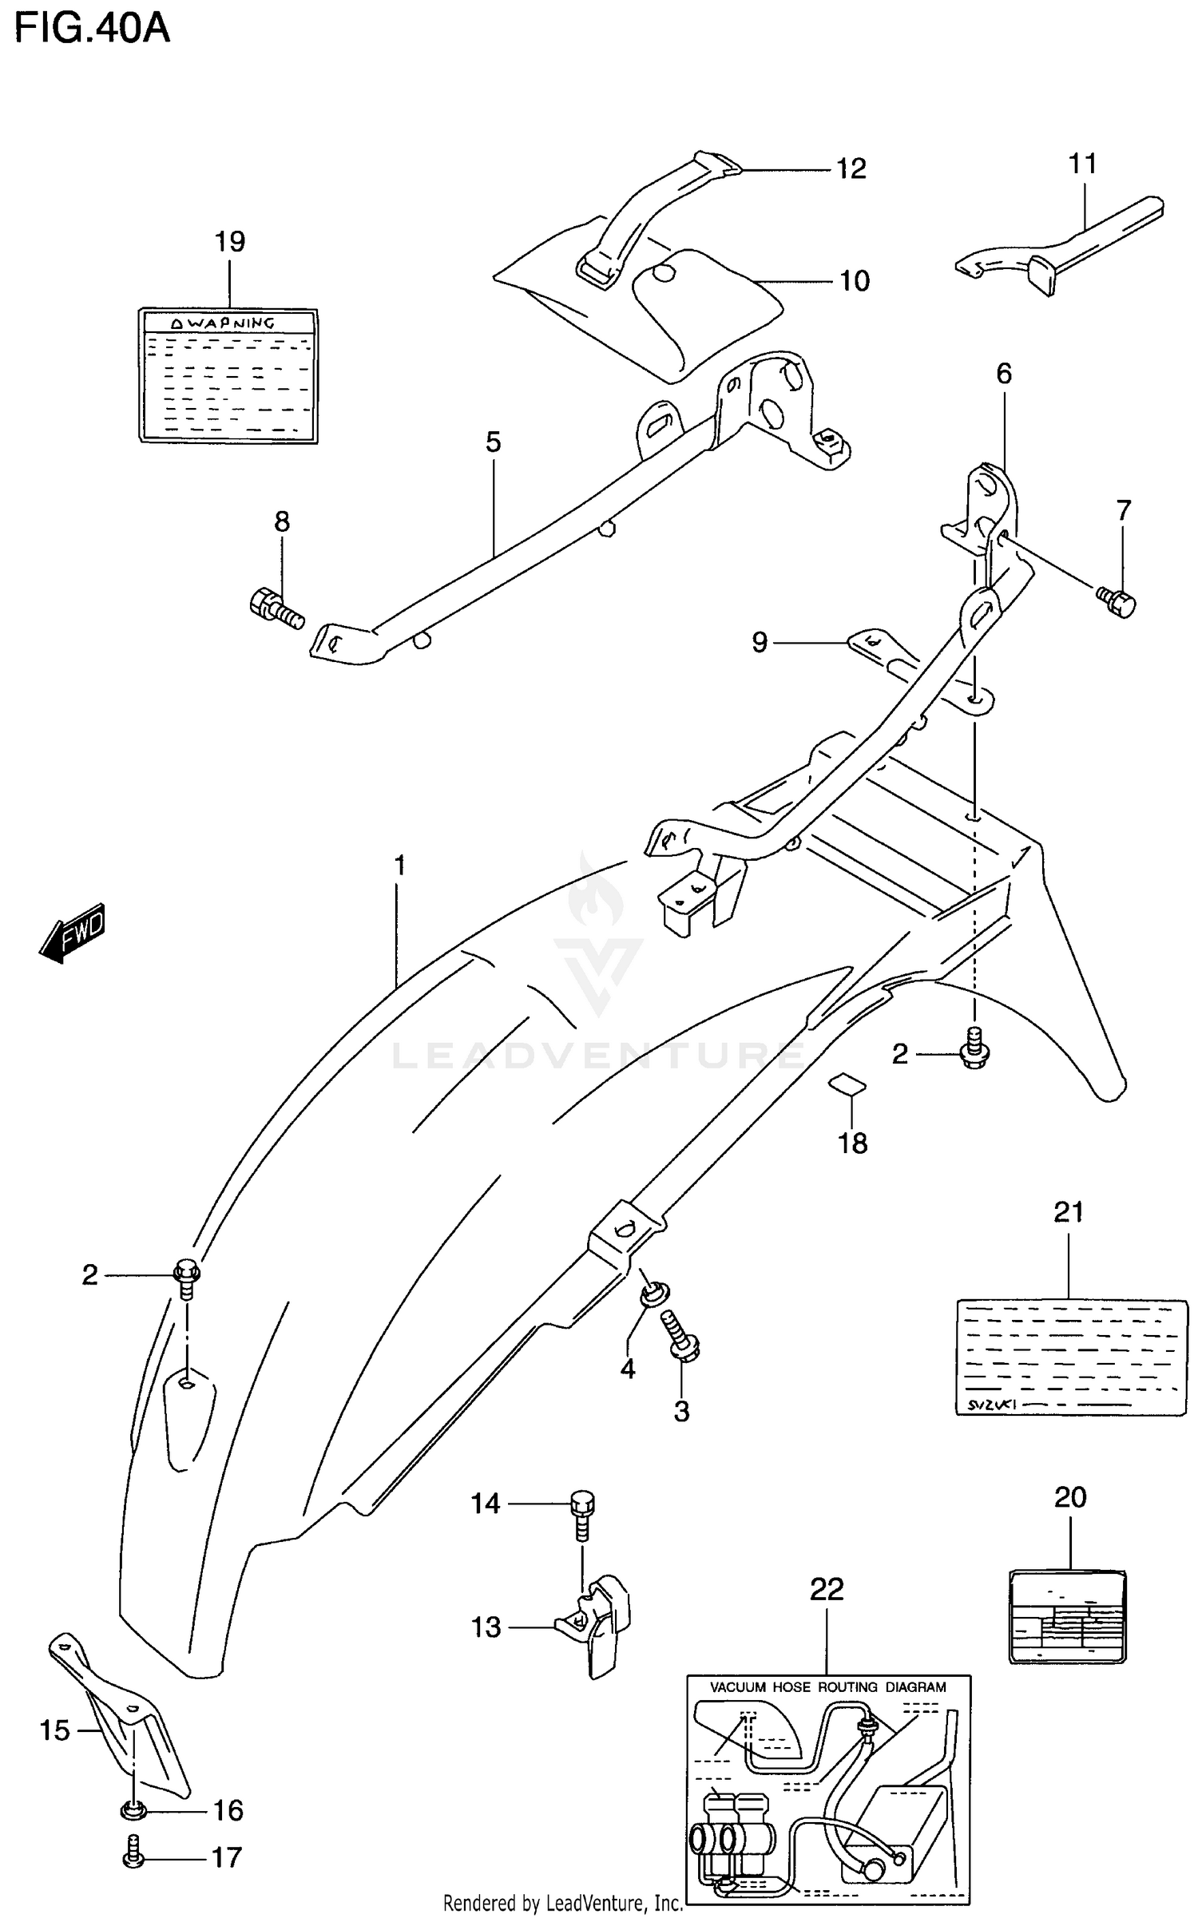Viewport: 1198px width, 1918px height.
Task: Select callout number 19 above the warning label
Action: [230, 242]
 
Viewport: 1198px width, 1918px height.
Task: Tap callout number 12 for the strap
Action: [851, 169]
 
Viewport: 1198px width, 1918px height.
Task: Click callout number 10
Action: [854, 281]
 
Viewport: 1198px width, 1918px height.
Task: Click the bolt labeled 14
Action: [581, 1512]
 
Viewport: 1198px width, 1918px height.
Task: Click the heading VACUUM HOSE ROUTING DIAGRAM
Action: [828, 1687]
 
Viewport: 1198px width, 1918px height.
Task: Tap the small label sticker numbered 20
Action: [1067, 1617]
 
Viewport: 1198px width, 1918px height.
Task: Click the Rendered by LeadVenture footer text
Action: [562, 1903]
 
